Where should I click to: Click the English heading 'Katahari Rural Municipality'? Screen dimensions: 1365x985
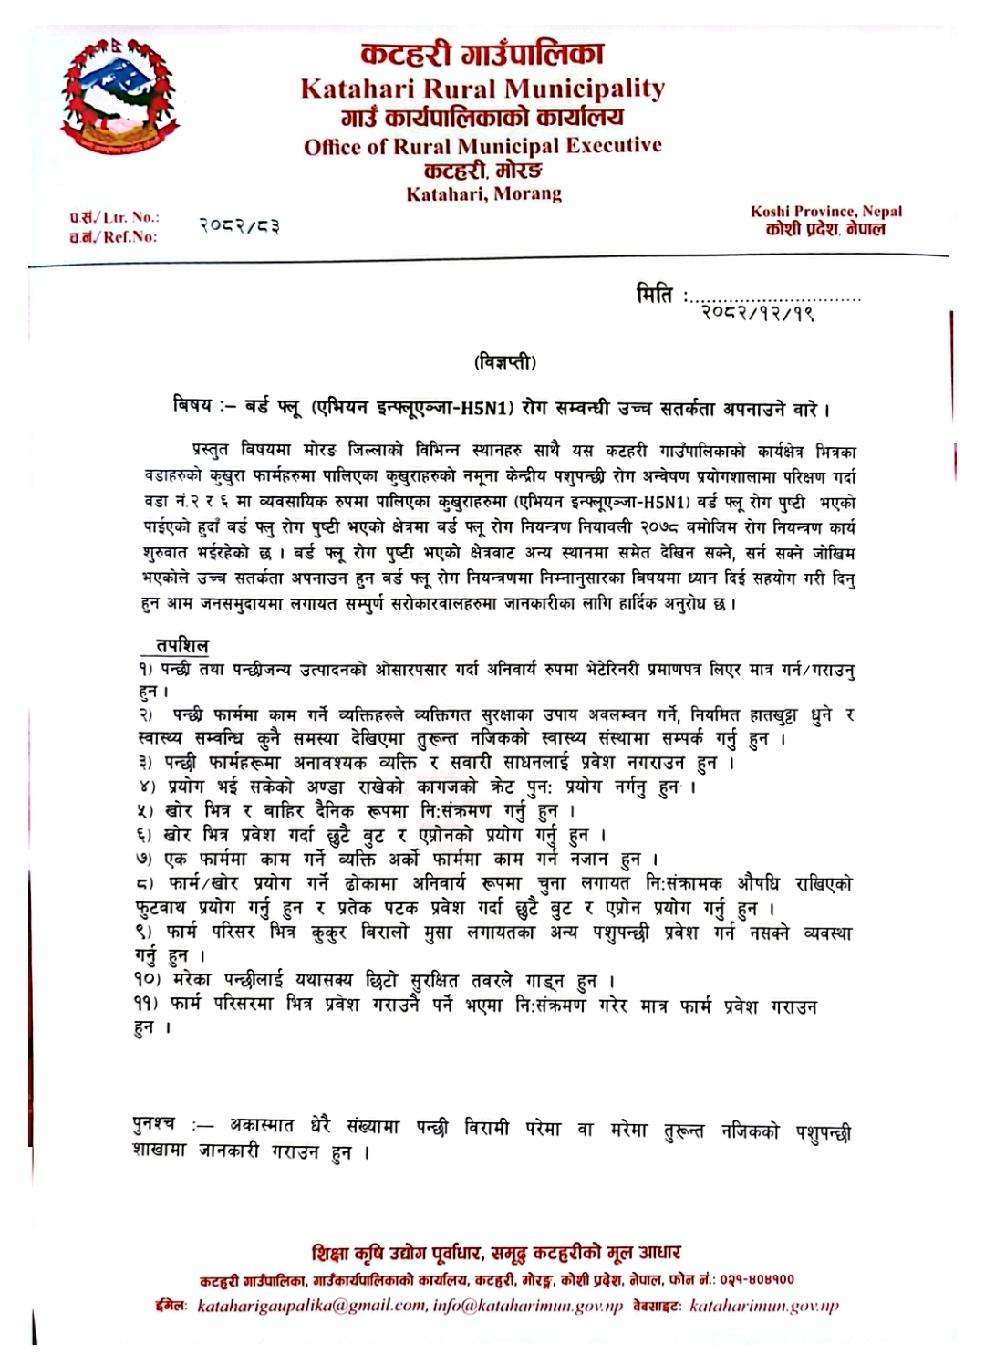(482, 89)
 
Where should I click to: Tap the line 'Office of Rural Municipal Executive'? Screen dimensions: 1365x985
(482, 146)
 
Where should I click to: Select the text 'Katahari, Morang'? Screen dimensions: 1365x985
(483, 193)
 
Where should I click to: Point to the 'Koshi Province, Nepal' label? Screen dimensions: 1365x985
(826, 211)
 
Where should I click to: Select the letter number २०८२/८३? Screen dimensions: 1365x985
(239, 224)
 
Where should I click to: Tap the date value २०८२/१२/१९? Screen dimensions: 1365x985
(757, 314)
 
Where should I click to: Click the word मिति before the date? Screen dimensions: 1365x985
(655, 295)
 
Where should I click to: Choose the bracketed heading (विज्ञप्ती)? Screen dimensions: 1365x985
(505, 362)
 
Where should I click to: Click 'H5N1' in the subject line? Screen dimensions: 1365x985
(488, 408)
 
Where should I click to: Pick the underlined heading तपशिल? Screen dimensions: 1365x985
(181, 646)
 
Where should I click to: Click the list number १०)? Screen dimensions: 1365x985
(146, 981)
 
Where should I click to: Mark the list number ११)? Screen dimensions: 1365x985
(146, 1005)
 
